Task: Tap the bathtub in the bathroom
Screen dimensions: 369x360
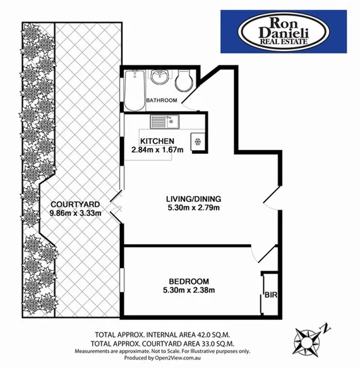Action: click(133, 90)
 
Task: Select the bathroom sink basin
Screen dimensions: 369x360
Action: click(160, 78)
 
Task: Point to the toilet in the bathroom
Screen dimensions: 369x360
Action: click(184, 80)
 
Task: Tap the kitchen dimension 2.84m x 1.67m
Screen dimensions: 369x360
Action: click(157, 149)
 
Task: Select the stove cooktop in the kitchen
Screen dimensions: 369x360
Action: click(198, 141)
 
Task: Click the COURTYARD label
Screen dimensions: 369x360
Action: click(76, 204)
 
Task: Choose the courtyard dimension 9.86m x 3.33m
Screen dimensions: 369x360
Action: click(76, 213)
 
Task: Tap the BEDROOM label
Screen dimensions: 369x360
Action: click(189, 281)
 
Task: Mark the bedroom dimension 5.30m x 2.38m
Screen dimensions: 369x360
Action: click(189, 290)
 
